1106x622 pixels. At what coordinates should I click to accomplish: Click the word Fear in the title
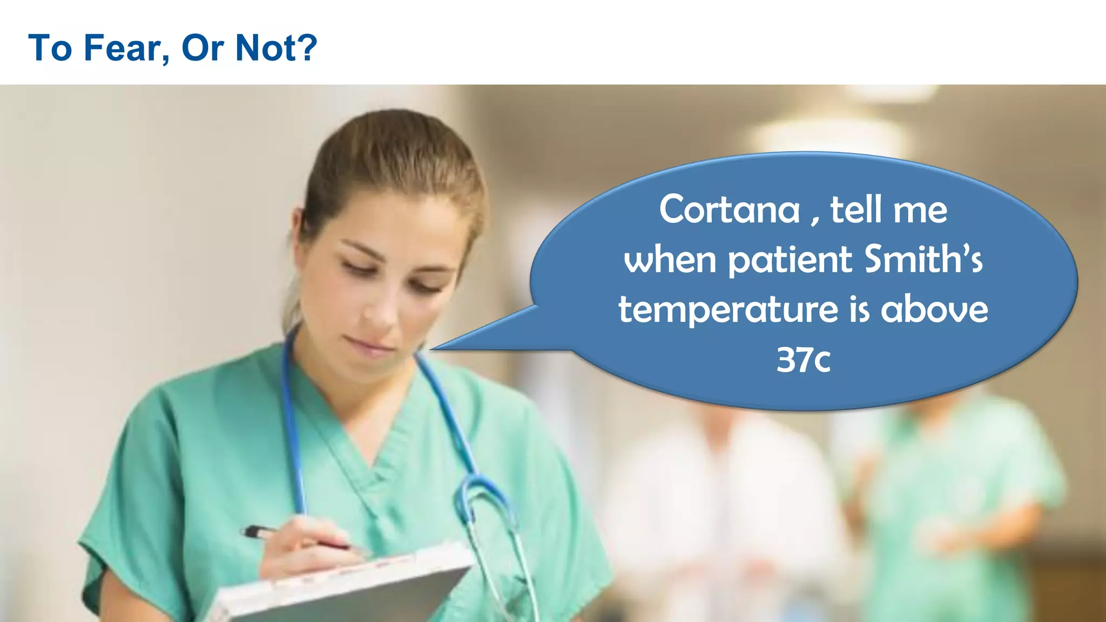123,48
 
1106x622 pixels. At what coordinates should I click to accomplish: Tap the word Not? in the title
276,48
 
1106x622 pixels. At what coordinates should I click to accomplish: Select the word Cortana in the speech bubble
729,209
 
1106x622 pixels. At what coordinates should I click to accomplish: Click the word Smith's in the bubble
923,259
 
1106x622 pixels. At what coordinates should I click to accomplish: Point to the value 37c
803,359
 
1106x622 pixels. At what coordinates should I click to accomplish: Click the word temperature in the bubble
728,310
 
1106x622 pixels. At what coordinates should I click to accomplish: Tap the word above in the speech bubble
934,309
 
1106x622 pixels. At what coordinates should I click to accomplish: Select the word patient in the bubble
791,260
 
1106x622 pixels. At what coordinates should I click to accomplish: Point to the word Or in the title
203,48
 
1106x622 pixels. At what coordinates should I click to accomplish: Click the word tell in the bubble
859,209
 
